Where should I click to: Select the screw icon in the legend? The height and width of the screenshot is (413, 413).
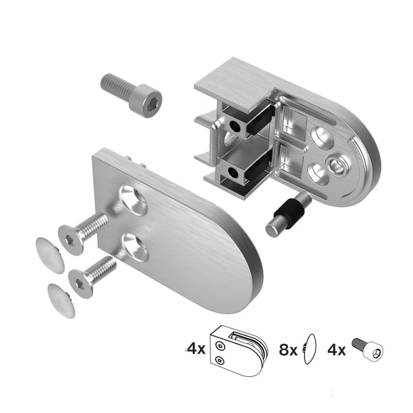pos(367,350)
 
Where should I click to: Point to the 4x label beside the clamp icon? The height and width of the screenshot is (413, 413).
pos(196,350)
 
